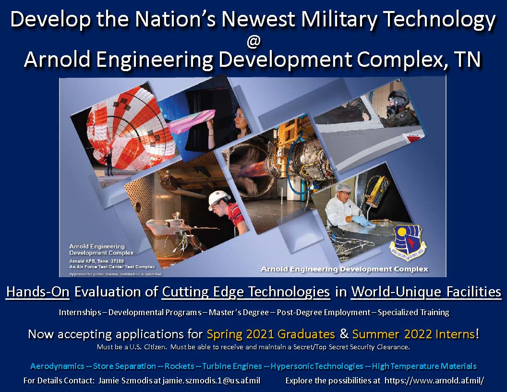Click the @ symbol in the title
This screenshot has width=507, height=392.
tap(253, 42)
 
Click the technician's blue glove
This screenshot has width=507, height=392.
tap(360, 220)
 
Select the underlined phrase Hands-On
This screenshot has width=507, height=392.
tap(36, 292)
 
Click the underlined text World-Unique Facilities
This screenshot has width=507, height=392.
tap(426, 292)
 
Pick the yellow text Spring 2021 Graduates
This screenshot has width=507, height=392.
tap(271, 334)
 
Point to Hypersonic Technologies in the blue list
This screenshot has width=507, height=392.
tap(317, 366)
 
